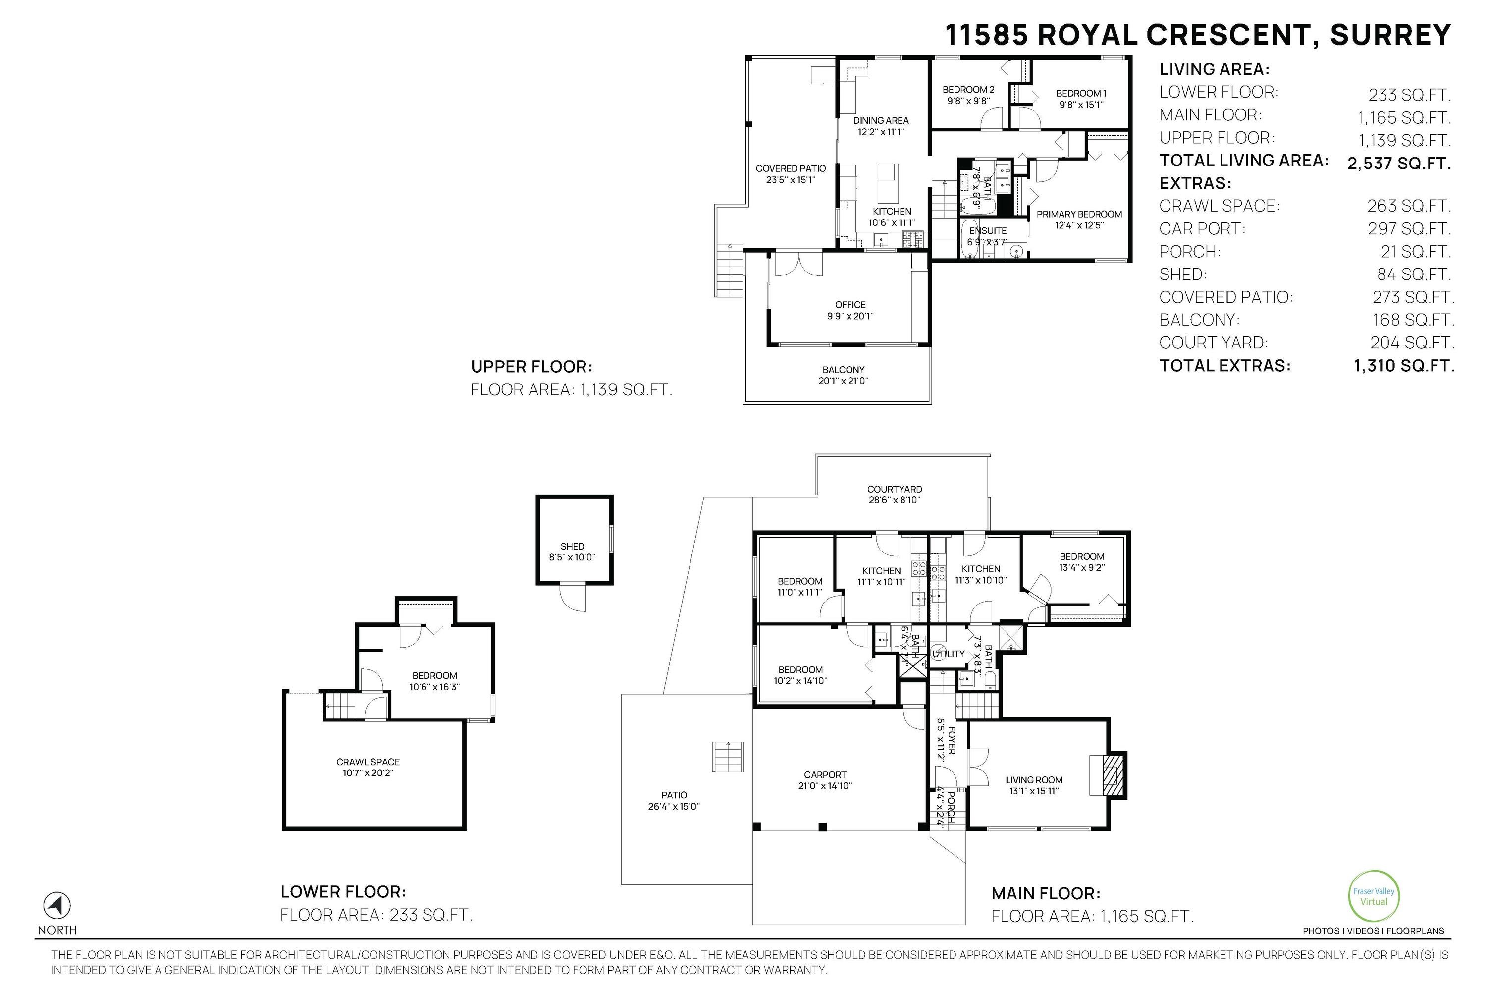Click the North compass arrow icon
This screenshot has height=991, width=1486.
57,906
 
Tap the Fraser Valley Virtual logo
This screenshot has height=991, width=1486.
1374,896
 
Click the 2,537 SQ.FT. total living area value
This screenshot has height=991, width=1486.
1399,163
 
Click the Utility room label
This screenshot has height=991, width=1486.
949,654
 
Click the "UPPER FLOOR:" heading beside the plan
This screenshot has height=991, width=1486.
531,367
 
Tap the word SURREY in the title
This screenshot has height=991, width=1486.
1390,35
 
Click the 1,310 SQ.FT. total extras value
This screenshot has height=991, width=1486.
1404,365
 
